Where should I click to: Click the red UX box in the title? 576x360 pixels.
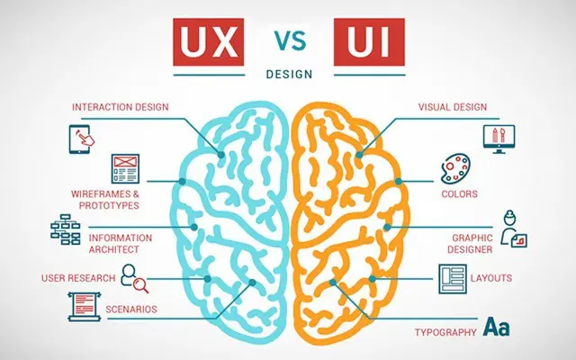coord(208,42)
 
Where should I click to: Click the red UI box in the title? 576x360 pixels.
coord(369,42)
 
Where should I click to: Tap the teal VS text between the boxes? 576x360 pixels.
coord(290,41)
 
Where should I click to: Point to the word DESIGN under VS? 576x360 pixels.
coord(289,74)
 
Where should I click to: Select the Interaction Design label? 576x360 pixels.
coord(121,107)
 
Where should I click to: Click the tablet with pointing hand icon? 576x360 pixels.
coord(82,139)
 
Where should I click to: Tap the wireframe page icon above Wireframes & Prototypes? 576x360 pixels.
coord(125,168)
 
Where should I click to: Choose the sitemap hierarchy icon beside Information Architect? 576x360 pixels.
coord(66,229)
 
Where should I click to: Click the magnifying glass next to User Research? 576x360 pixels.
coord(140,285)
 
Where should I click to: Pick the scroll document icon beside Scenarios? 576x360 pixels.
coord(85,306)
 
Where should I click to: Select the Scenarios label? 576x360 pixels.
coord(131,310)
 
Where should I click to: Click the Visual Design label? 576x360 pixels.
coord(453,107)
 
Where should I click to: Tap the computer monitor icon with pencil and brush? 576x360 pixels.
coord(499,139)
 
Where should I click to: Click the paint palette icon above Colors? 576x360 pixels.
coord(455,168)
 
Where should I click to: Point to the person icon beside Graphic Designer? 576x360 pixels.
coord(514,228)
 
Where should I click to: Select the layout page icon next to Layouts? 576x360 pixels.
coord(453,279)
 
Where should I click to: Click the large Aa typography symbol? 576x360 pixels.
coord(496,327)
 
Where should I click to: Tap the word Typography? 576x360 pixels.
coord(445,332)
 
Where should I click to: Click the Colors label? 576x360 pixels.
coord(460,194)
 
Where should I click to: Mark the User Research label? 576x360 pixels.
coord(78,278)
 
